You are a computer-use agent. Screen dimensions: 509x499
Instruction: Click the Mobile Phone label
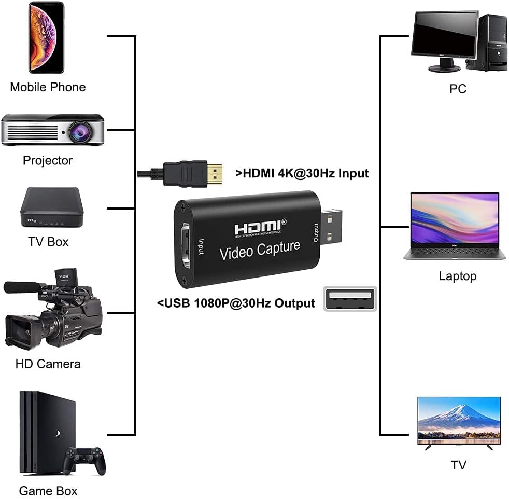click(48, 87)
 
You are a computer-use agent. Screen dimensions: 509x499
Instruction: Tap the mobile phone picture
click(46, 37)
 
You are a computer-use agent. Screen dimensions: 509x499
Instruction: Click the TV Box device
click(51, 207)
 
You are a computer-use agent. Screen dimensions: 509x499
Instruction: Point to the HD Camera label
click(48, 364)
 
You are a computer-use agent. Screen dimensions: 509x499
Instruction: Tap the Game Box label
click(48, 490)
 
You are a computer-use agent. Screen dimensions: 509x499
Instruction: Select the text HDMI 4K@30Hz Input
click(302, 173)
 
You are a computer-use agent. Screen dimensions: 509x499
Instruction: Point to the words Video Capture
click(260, 250)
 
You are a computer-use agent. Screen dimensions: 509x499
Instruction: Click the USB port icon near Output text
click(350, 299)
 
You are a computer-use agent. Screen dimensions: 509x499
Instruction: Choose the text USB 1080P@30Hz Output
click(236, 303)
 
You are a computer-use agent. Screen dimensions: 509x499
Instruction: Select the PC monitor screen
click(444, 35)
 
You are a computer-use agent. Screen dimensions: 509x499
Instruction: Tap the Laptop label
click(457, 276)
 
